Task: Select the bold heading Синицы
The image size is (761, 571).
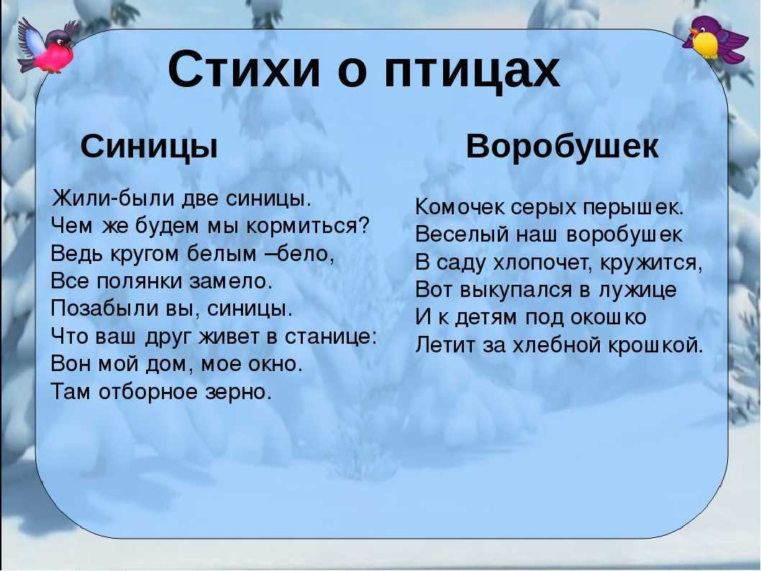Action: click(149, 147)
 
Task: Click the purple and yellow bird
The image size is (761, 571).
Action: click(715, 40)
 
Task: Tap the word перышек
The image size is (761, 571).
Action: click(634, 208)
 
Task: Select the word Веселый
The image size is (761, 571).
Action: click(462, 235)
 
